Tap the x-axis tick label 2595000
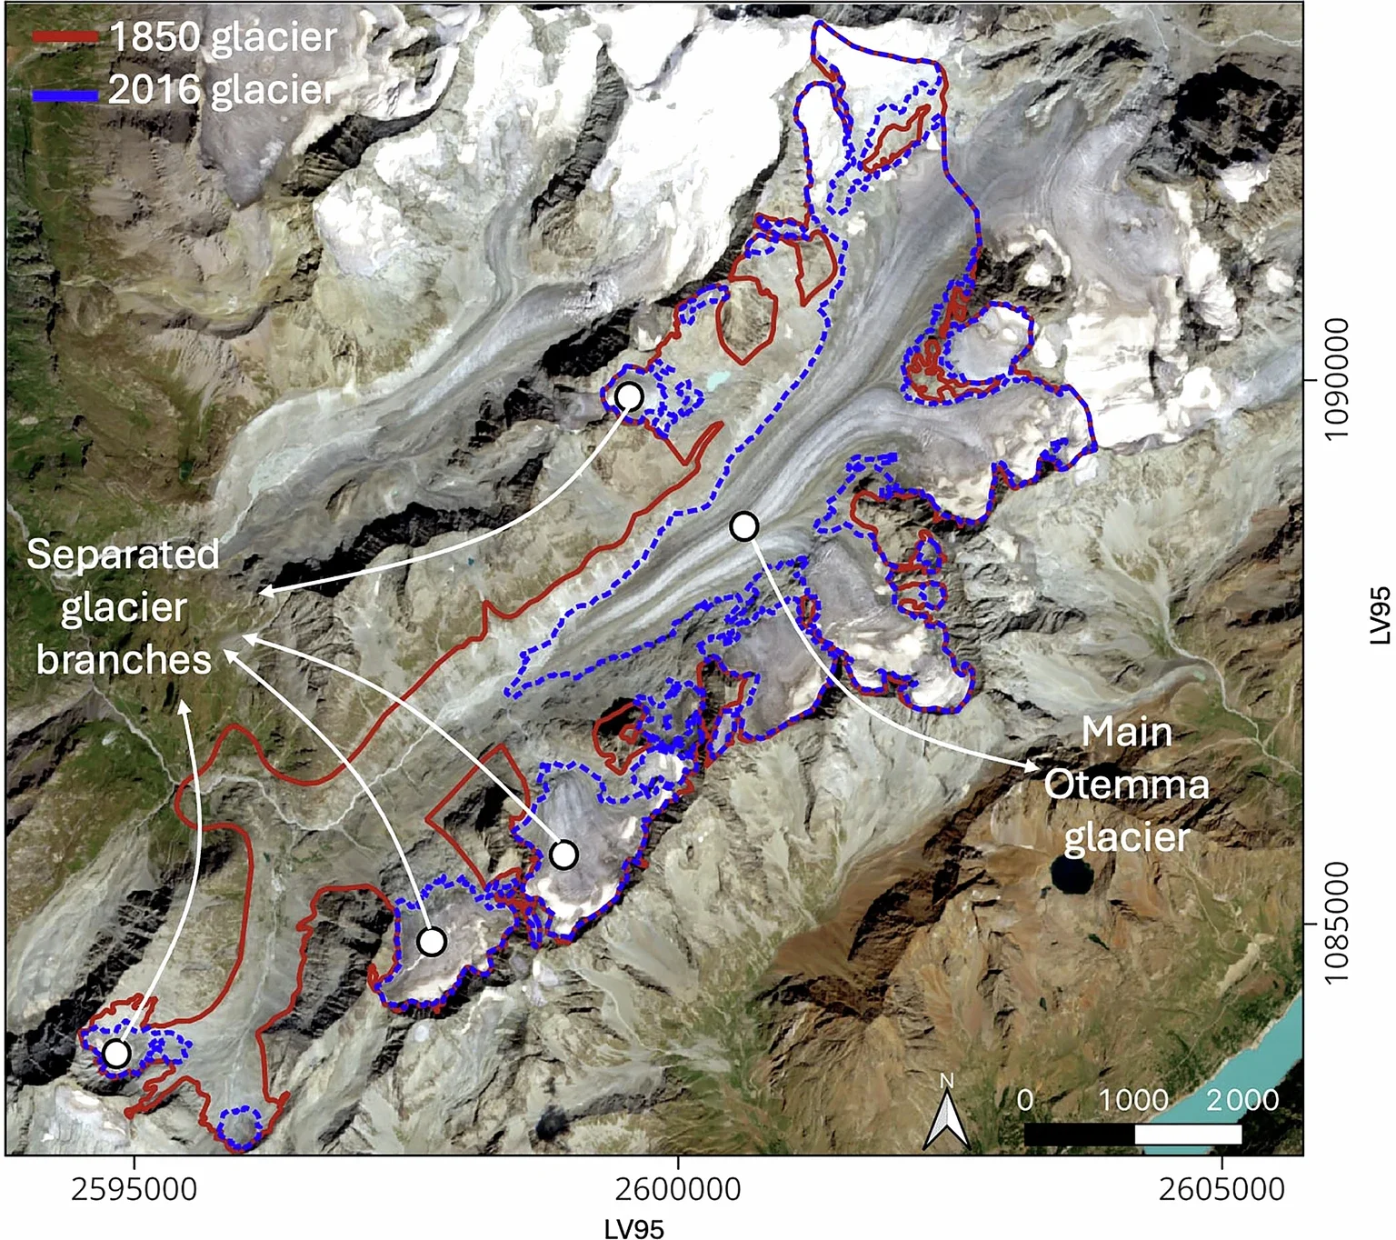point(135,1189)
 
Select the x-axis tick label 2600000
point(678,1189)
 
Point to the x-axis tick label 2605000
point(1221,1189)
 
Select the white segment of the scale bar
point(1188,1134)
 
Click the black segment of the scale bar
point(1080,1134)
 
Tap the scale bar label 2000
point(1241,1100)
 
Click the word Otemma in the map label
point(1126,785)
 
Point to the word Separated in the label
point(123,555)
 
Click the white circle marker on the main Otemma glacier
point(744,525)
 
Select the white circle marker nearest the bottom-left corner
point(116,1053)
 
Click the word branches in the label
point(124,660)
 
